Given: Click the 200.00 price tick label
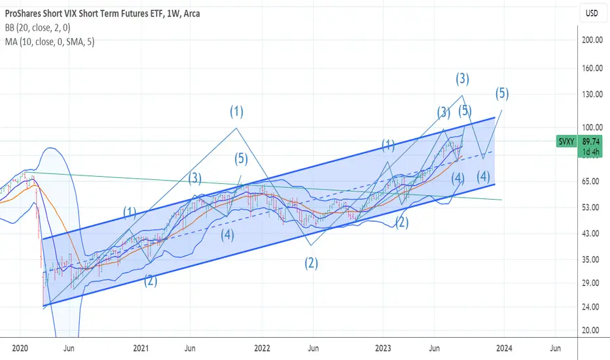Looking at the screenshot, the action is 592,40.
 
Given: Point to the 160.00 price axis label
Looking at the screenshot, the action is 592,68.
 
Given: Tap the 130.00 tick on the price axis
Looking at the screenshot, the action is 592,94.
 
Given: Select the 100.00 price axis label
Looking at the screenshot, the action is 592,127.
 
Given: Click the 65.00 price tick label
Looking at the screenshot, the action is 592,181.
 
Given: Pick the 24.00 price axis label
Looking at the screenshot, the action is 592,307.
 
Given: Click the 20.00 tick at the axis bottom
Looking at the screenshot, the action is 592,330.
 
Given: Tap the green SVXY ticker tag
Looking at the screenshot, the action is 566,141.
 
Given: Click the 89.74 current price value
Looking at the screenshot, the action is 591,141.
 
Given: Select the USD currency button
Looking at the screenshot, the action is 592,13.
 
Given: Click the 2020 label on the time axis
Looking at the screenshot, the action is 20,348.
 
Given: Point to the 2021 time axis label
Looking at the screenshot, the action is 141,348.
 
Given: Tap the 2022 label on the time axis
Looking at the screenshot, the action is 262,348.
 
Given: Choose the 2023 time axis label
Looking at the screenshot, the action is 383,348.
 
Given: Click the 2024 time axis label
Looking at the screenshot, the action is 504,348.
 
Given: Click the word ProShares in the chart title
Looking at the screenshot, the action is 23,14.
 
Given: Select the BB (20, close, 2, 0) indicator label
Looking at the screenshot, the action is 38,27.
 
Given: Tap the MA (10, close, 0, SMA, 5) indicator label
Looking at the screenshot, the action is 50,42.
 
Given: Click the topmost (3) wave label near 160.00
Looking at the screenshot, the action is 462,79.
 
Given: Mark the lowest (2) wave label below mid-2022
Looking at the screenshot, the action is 312,264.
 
